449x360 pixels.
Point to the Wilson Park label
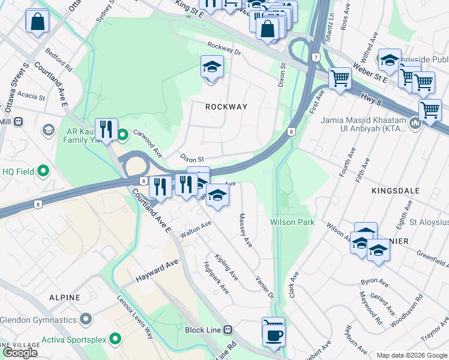click(292, 222)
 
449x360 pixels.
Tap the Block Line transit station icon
click(228, 329)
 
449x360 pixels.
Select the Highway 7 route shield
click(315, 57)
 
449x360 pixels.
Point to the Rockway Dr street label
click(223, 49)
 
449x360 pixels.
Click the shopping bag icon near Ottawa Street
click(37, 22)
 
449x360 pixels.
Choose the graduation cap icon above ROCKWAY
click(212, 68)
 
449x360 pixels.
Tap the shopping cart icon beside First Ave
click(340, 78)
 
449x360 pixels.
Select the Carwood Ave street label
click(148, 143)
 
